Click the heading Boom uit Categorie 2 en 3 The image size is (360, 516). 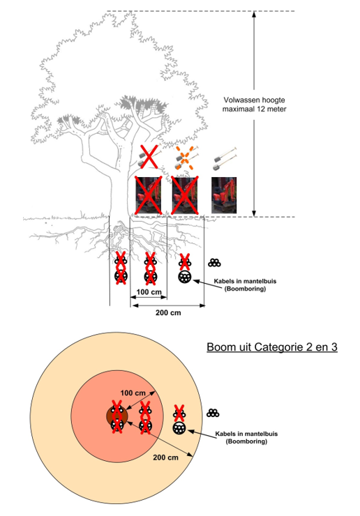pyautogui.click(x=272, y=347)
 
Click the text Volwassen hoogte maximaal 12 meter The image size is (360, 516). pyautogui.click(x=254, y=105)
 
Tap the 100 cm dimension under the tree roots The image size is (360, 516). pyautogui.click(x=149, y=292)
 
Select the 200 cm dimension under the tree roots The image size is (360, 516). pyautogui.click(x=168, y=312)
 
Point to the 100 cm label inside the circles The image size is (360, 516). pyautogui.click(x=133, y=393)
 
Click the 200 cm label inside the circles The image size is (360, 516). pyautogui.click(x=165, y=457)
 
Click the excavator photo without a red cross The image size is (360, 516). pyautogui.click(x=224, y=195)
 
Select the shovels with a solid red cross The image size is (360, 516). pyautogui.click(x=149, y=157)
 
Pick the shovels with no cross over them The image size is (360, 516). pyautogui.click(x=225, y=159)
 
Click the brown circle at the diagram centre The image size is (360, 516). pyautogui.click(x=117, y=416)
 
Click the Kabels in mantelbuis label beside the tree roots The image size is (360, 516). pyautogui.click(x=245, y=285)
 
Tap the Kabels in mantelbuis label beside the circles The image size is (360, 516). pyautogui.click(x=246, y=437)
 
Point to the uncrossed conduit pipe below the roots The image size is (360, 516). pyautogui.click(x=185, y=277)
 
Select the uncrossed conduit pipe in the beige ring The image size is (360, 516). pyautogui.click(x=179, y=428)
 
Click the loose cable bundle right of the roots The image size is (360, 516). pyautogui.click(x=214, y=263)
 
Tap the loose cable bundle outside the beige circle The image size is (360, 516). pyautogui.click(x=213, y=413)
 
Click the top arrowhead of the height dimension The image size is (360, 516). pyautogui.click(x=254, y=14)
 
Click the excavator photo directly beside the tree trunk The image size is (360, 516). pyautogui.click(x=149, y=195)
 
